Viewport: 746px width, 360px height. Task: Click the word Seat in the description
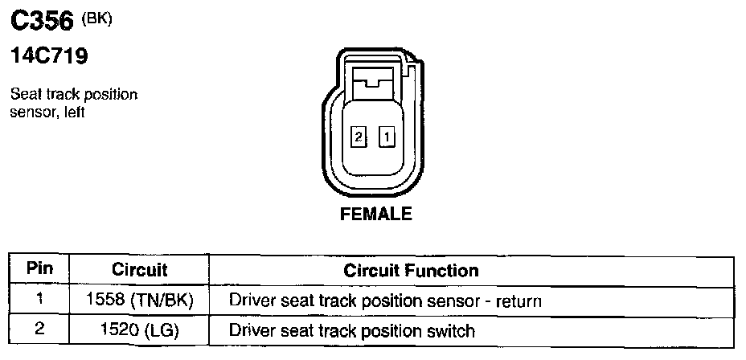click(x=23, y=95)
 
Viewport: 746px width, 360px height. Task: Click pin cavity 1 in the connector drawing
click(x=387, y=137)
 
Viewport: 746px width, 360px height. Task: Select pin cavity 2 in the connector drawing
click(x=359, y=137)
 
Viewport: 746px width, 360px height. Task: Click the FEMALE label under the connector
click(x=376, y=214)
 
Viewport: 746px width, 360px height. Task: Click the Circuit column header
click(x=139, y=270)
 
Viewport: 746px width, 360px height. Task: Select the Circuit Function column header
click(x=411, y=270)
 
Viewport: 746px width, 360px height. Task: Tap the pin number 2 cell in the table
click(x=39, y=329)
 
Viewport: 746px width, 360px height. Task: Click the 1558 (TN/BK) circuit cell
click(x=139, y=301)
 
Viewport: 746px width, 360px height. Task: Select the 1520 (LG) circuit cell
click(x=139, y=329)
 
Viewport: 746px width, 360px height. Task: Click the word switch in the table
click(x=453, y=330)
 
